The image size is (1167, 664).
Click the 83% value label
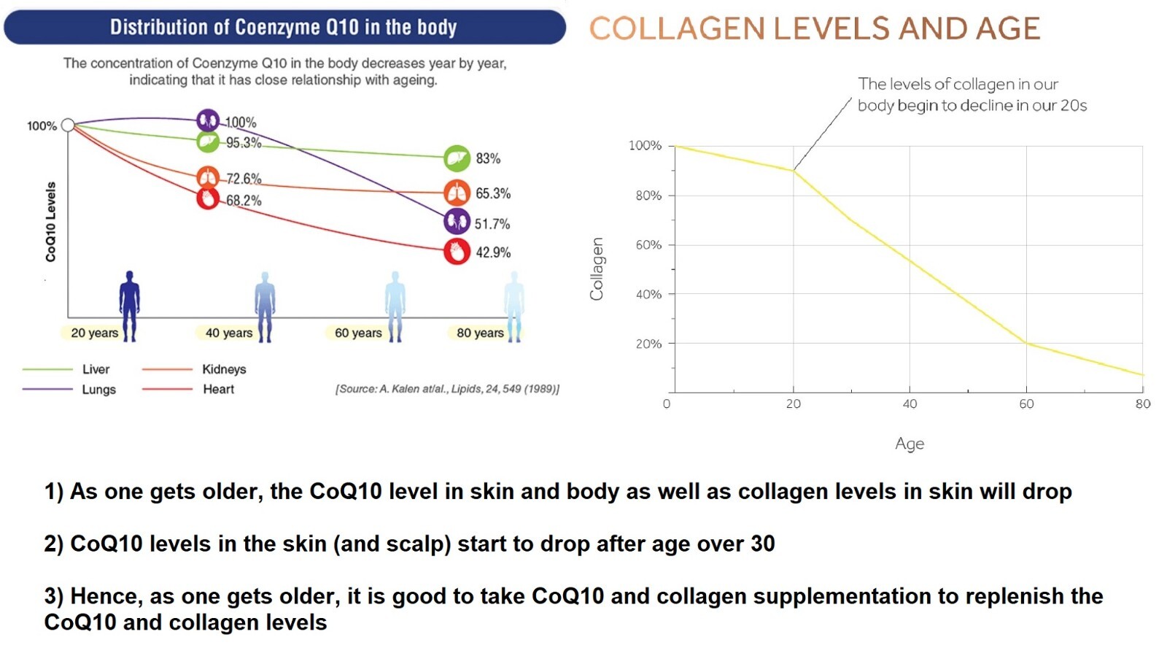click(488, 158)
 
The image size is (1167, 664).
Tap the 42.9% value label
click(493, 252)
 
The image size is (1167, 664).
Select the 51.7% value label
click(492, 224)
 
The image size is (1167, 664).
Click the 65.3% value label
click(493, 193)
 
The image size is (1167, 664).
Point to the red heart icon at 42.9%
click(457, 252)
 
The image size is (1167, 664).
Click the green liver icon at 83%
click(457, 158)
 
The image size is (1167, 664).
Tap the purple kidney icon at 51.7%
click(457, 222)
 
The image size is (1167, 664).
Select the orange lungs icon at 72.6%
click(208, 179)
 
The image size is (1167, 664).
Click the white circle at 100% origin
click(68, 125)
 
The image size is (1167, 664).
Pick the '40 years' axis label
click(229, 333)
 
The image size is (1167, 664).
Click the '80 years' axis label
click(480, 333)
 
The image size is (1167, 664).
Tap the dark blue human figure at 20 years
click(130, 306)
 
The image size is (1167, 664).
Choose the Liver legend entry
click(96, 369)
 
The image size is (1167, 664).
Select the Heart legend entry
click(218, 390)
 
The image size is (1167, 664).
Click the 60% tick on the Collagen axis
click(648, 245)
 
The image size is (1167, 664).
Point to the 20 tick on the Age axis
click(794, 404)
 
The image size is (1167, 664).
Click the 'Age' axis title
click(910, 444)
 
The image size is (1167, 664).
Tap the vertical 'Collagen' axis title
click(597, 269)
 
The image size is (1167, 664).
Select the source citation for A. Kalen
click(448, 390)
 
